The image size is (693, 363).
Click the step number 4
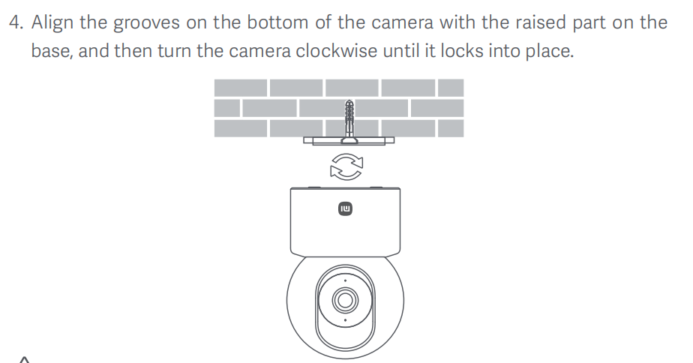click(16, 22)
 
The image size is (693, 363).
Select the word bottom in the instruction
click(277, 22)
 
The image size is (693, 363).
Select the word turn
click(174, 51)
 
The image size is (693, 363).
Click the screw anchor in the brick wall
click(349, 119)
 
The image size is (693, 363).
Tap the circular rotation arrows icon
click(346, 166)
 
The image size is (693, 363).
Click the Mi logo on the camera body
click(345, 208)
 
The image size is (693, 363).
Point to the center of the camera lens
click(345, 300)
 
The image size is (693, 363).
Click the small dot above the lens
click(345, 280)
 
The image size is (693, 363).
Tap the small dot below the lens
click(345, 320)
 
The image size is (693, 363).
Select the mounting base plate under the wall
click(349, 140)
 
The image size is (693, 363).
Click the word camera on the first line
click(403, 22)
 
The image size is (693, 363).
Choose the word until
click(402, 51)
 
